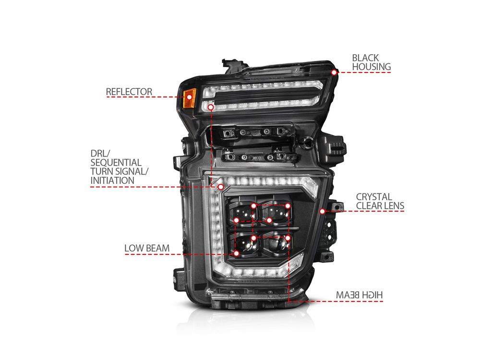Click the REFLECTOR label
point(129,92)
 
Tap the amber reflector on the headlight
point(189,98)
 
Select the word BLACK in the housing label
point(365,58)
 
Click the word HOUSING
point(372,67)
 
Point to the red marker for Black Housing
point(334,72)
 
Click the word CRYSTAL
point(374,197)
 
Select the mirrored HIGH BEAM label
point(360,295)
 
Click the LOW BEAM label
point(147,248)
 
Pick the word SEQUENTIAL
point(116,163)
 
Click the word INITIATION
point(112,180)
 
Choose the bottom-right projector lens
point(276,243)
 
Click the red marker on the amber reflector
point(189,96)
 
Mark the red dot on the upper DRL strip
point(211,107)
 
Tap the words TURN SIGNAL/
point(120,172)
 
